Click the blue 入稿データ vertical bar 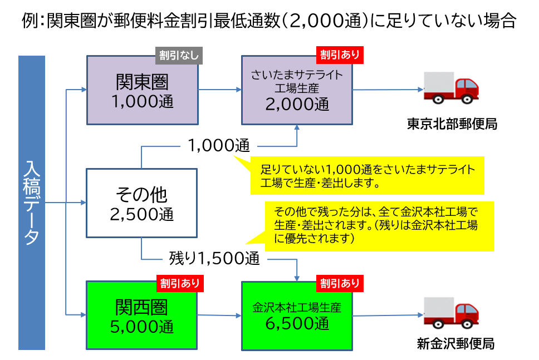pyautogui.click(x=31, y=203)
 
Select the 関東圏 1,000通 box pyautogui.click(x=142, y=90)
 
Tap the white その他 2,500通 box pyautogui.click(x=141, y=203)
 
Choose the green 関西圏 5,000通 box pyautogui.click(x=142, y=315)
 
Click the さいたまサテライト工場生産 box pyautogui.click(x=297, y=90)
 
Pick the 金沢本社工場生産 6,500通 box pyautogui.click(x=297, y=315)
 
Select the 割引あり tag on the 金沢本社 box pyautogui.click(x=340, y=283)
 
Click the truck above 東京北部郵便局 pyautogui.click(x=451, y=88)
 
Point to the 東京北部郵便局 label pyautogui.click(x=452, y=124)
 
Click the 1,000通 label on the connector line pyautogui.click(x=218, y=146)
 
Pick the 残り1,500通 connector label pyautogui.click(x=214, y=258)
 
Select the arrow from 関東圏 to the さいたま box pyautogui.click(x=219, y=90)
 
